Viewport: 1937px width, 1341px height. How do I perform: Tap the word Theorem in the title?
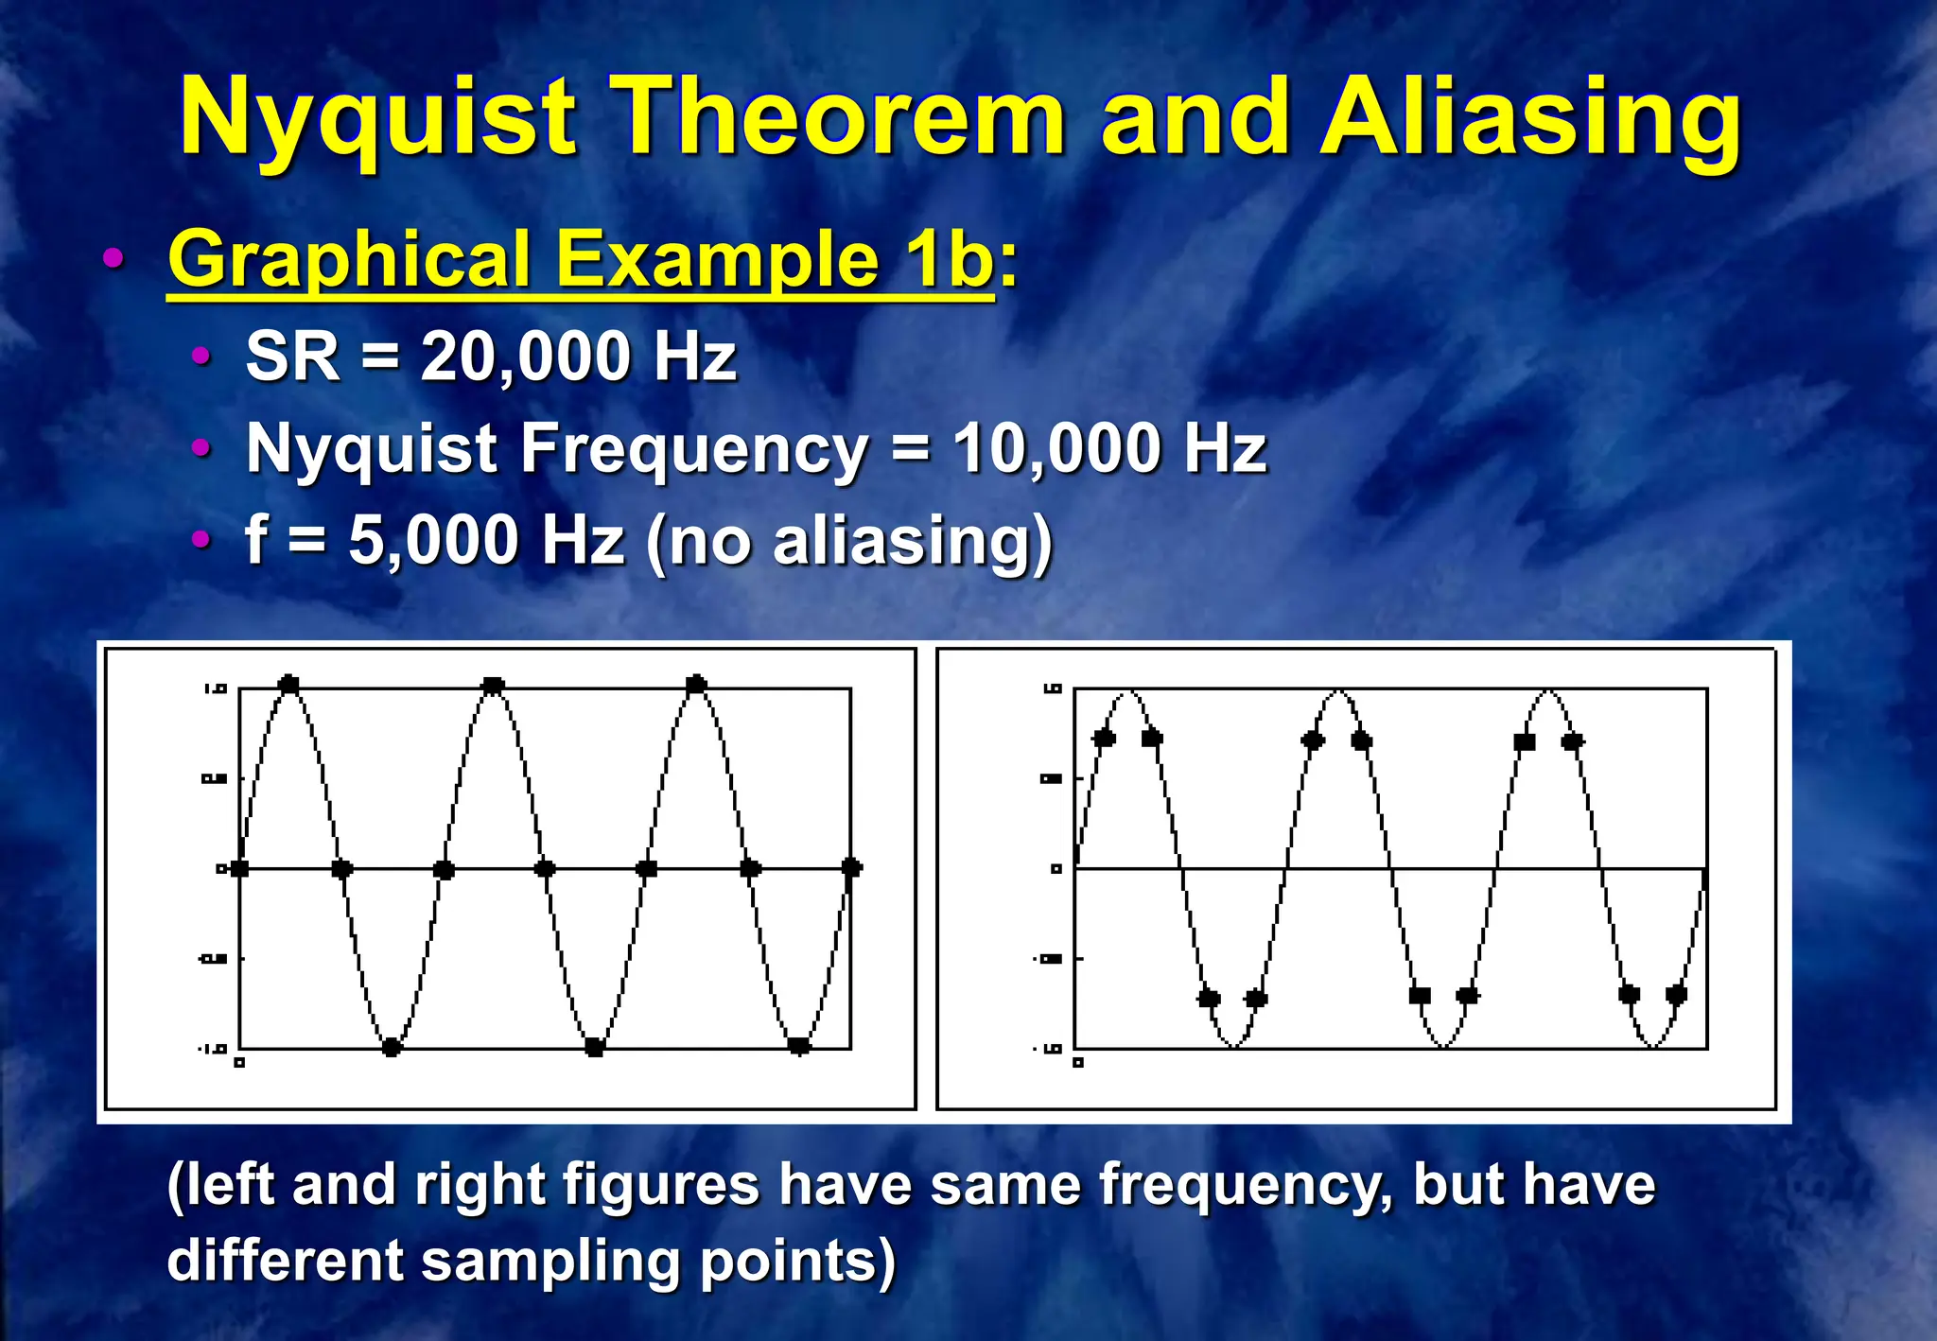point(841,118)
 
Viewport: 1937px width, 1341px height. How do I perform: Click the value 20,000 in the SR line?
point(525,357)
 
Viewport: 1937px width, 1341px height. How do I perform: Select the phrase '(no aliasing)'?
point(848,542)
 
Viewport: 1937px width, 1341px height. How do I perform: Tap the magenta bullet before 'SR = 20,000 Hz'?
point(201,357)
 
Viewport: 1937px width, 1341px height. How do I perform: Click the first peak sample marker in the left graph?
point(289,685)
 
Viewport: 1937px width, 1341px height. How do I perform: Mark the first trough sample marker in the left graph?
point(392,1047)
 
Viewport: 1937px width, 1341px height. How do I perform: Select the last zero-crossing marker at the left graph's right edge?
point(851,867)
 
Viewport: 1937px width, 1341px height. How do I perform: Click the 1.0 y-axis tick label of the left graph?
point(216,689)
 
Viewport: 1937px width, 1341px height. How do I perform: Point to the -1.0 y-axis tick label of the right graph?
point(1050,1049)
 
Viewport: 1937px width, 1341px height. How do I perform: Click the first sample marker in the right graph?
point(1104,739)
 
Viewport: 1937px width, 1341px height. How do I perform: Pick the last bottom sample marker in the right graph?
point(1676,994)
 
